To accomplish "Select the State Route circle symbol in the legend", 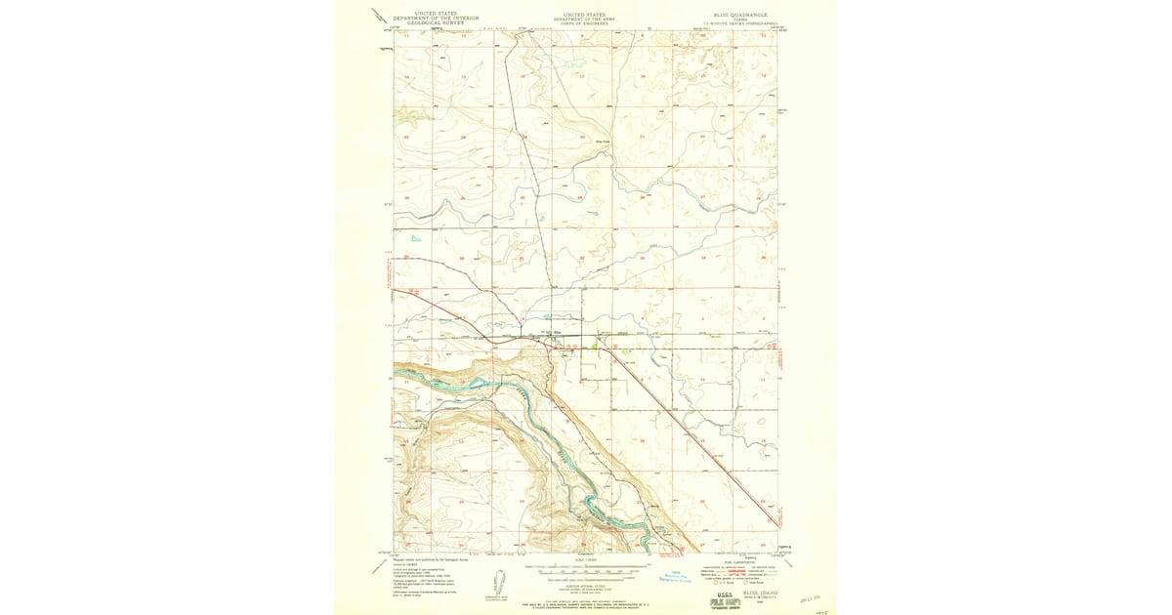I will tap(746, 582).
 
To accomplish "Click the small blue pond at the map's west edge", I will tap(415, 238).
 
